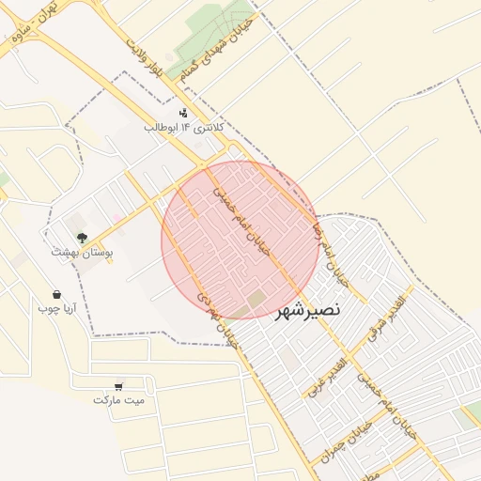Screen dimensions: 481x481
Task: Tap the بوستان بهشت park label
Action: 83,253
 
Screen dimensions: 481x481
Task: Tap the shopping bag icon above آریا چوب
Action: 57,293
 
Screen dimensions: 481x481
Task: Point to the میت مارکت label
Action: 119,400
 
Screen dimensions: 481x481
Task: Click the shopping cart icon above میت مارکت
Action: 119,384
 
